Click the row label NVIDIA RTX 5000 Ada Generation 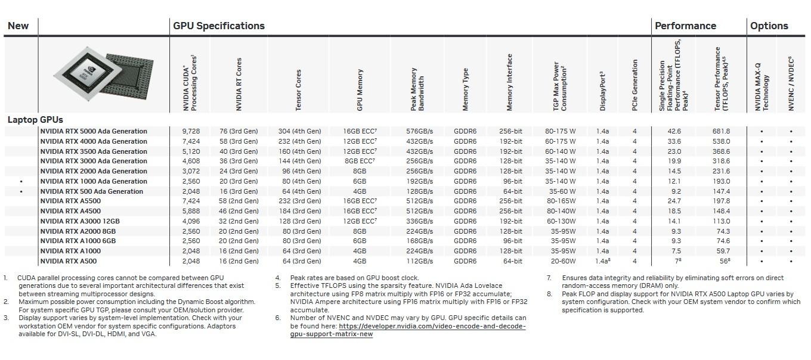[94, 131]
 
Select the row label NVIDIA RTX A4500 [70, 211]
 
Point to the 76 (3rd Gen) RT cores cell [239, 131]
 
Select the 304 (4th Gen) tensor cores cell [299, 131]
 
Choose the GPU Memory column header [360, 89]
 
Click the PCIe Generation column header [635, 85]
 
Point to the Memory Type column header [466, 89]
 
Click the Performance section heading [685, 26]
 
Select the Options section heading [769, 26]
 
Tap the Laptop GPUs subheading [35, 120]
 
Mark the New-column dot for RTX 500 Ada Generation [21, 191]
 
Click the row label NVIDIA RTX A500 [68, 261]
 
